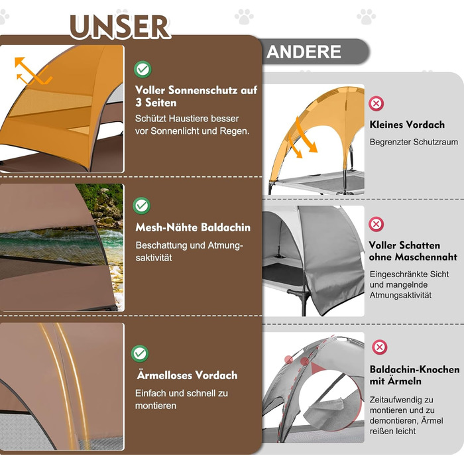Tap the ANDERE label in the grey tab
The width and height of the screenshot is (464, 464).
tap(304, 52)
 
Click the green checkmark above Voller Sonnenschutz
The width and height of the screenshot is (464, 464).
tap(142, 68)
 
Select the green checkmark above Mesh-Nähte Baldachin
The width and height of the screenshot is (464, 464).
tap(142, 205)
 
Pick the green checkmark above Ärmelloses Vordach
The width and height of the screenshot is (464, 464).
tap(141, 353)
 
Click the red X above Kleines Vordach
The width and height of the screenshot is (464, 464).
tap(377, 103)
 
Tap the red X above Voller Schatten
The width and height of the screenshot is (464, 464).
tap(377, 224)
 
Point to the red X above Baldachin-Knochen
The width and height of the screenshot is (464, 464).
tap(380, 347)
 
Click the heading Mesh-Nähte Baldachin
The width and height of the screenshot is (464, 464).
tap(193, 227)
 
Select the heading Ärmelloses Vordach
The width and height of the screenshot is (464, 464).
tap(186, 375)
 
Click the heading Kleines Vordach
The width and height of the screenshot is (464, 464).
tap(407, 125)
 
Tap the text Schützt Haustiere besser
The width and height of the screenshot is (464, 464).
tap(187, 119)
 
